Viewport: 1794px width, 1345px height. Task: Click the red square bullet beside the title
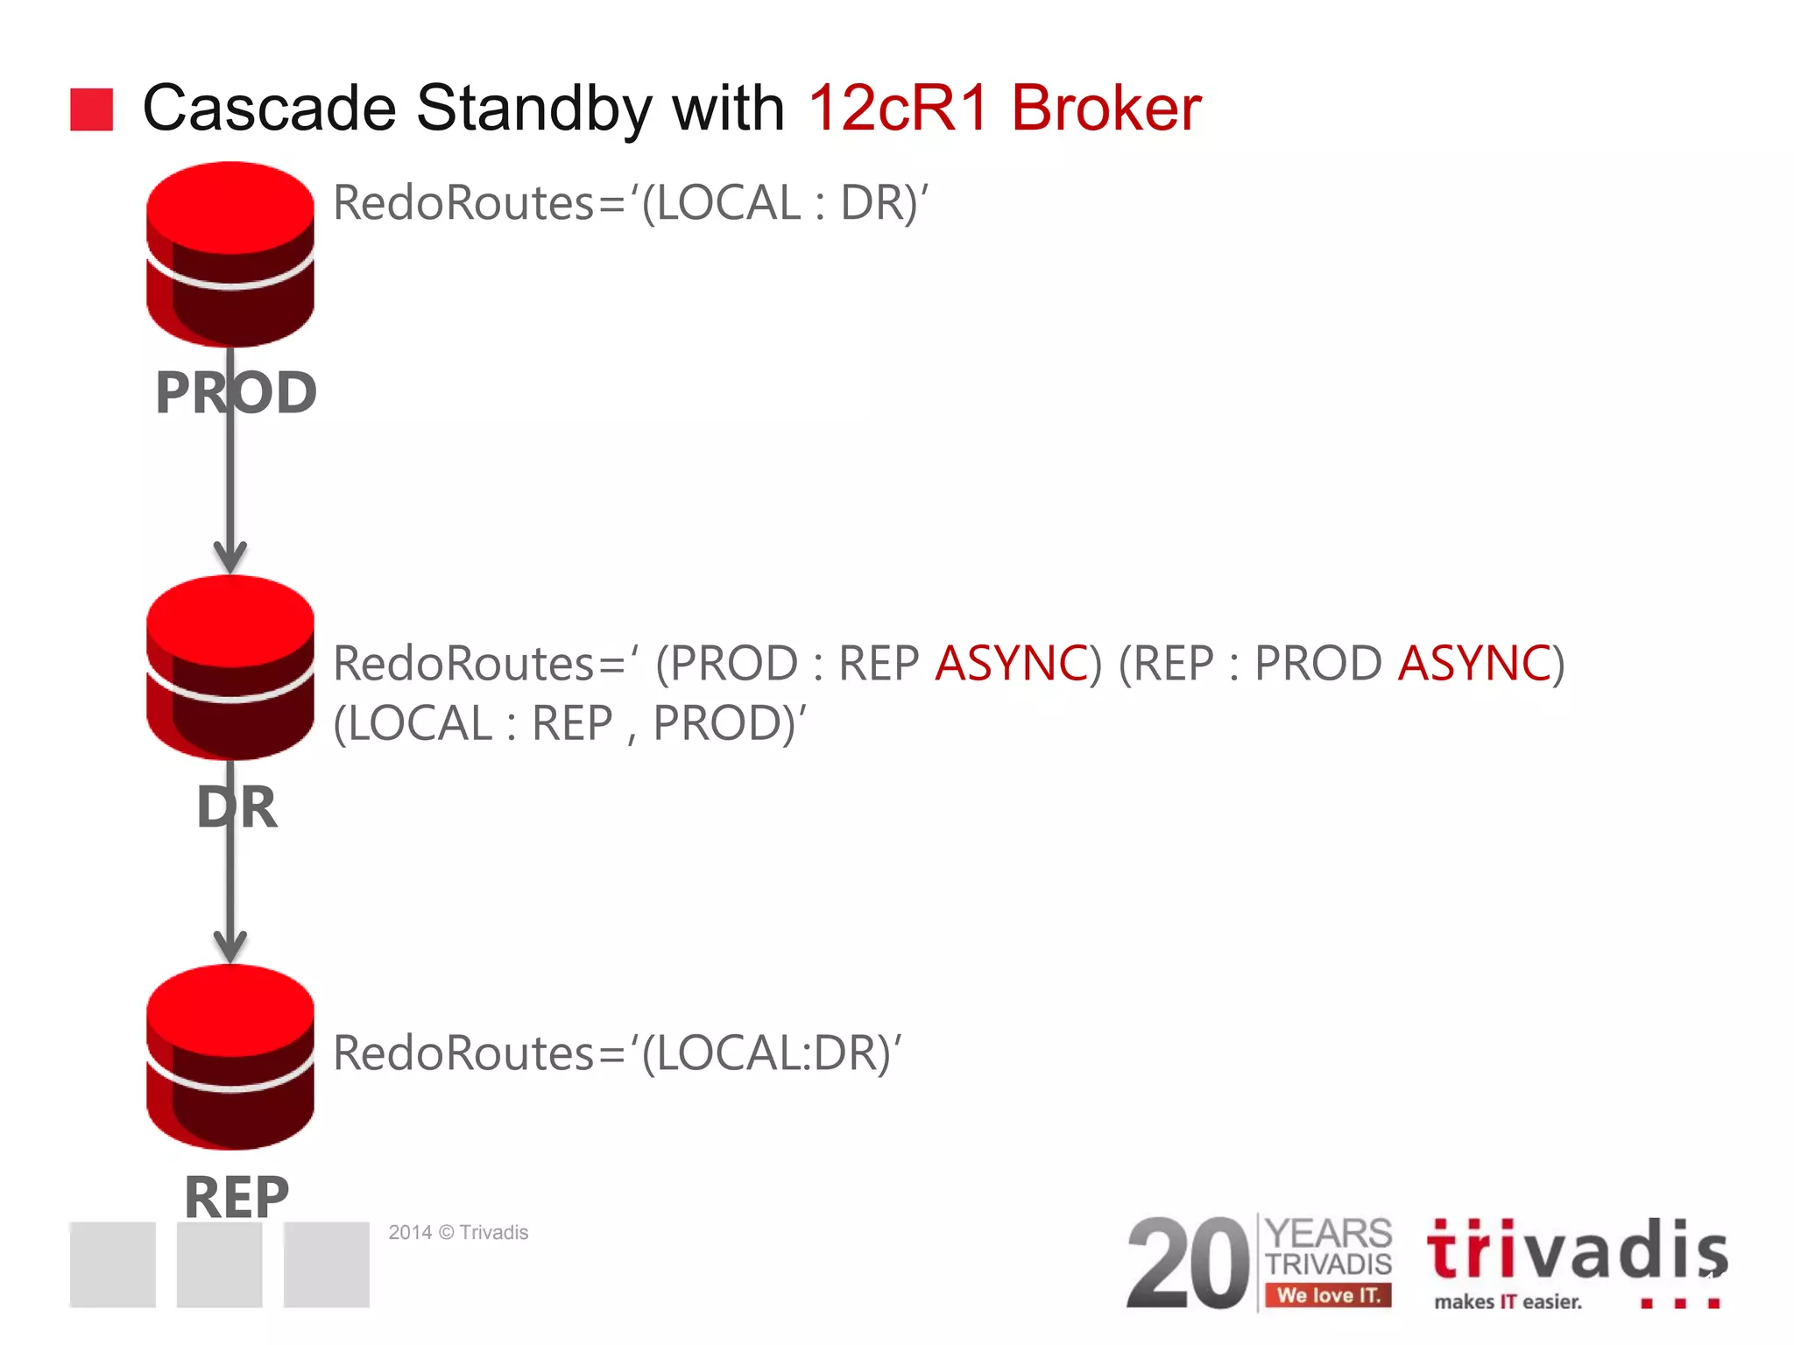coord(91,109)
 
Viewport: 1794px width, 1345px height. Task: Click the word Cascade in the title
coord(269,109)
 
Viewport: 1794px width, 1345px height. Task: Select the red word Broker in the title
coord(1105,109)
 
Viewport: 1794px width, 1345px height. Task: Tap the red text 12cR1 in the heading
coord(898,109)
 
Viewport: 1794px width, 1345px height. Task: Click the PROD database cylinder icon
coord(230,254)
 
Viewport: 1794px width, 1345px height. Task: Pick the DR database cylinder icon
coord(230,667)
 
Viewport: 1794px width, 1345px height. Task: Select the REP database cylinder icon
coord(230,1057)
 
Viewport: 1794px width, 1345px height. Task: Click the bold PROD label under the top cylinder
coord(236,392)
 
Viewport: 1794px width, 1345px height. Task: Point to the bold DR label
coord(237,806)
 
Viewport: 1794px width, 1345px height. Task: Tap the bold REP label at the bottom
coord(237,1196)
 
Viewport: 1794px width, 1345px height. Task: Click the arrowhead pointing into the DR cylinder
coord(230,557)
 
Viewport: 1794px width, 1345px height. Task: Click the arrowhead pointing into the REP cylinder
coord(230,947)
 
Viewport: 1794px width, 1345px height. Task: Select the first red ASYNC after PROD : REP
coord(1012,663)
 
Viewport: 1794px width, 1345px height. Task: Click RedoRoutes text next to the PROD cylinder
coord(630,203)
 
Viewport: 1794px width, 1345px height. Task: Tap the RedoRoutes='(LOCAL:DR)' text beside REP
coord(617,1053)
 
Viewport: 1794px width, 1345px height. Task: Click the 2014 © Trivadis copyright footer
coord(458,1232)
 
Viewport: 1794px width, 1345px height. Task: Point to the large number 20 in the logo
coord(1187,1264)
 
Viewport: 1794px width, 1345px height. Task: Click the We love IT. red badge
coord(1327,1295)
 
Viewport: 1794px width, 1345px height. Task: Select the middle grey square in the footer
coord(219,1264)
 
